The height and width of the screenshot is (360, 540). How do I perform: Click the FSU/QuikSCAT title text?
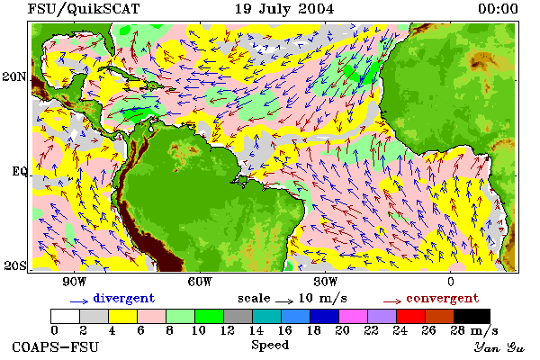[84, 9]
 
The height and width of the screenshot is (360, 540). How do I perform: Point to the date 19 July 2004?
[284, 9]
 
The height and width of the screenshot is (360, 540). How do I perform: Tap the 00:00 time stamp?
[498, 9]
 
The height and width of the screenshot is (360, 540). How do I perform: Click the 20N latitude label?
[14, 76]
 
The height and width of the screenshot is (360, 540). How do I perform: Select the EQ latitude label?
[20, 171]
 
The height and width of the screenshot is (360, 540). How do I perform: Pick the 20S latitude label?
[14, 265]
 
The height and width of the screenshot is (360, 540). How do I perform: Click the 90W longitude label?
[74, 282]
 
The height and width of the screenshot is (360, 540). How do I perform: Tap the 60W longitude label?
[200, 282]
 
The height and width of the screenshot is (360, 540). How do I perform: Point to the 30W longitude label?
[326, 282]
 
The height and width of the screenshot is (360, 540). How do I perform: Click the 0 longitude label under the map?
[451, 282]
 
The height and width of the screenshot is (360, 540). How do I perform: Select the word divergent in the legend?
[124, 298]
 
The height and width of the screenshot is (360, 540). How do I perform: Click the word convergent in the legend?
[443, 298]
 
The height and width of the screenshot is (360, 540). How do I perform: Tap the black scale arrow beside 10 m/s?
[284, 301]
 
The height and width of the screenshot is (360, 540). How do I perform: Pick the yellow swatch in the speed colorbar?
[122, 316]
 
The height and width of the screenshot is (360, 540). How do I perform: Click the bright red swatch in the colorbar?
[410, 316]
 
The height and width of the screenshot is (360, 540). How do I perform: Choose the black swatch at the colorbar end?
[472, 316]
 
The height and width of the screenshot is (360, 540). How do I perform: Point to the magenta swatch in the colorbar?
[353, 316]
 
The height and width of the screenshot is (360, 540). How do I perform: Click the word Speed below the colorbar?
[270, 346]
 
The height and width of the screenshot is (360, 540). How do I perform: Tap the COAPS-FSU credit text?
[56, 346]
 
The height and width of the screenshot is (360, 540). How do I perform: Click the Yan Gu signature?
[499, 347]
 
